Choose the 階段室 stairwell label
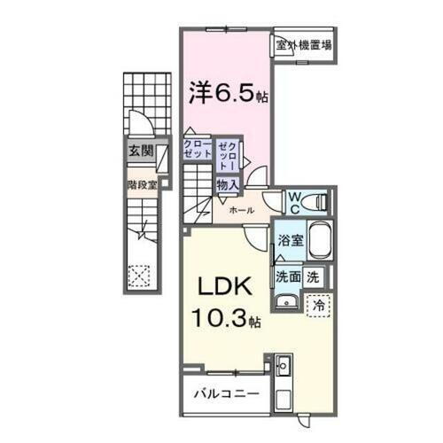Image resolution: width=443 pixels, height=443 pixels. tap(140, 186)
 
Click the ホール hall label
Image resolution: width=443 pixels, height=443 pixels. tap(242, 210)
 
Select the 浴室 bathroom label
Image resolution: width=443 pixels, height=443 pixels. tap(290, 240)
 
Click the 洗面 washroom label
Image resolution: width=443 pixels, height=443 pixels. tap(286, 276)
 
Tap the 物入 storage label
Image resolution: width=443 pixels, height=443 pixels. tap(227, 183)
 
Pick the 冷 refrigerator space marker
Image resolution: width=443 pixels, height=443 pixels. tap(317, 303)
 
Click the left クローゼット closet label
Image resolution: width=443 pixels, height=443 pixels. tap(198, 149)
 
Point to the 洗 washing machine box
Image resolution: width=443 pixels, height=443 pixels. tap(315, 276)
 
